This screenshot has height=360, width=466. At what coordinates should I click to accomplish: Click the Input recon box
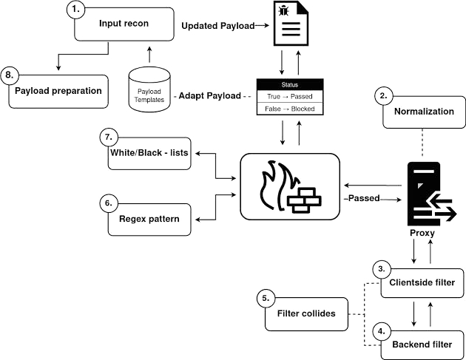tap(124, 24)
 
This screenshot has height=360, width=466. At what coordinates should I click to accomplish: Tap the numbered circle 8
tap(9, 75)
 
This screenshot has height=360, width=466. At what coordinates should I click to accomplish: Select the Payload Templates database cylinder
tap(149, 89)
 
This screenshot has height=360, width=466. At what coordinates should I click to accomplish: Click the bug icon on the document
tap(284, 11)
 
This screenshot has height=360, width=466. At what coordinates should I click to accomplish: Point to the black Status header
tap(290, 85)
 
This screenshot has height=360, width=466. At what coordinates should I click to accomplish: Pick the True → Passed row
tap(290, 97)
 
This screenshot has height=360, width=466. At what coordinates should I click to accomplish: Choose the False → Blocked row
tap(290, 109)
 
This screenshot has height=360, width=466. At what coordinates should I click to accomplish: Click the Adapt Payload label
tap(210, 95)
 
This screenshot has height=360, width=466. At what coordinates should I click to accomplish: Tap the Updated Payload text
tap(218, 26)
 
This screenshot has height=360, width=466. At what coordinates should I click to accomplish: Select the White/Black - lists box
tap(149, 153)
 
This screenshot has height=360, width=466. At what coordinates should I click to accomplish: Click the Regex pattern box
tap(149, 220)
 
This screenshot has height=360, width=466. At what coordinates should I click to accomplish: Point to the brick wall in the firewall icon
tap(304, 200)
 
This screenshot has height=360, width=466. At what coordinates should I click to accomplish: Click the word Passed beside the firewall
tap(364, 198)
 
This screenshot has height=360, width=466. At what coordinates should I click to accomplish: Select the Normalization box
tap(424, 112)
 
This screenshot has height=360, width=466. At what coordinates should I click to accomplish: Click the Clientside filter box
tap(422, 283)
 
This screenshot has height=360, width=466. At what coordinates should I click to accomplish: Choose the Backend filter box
tap(422, 345)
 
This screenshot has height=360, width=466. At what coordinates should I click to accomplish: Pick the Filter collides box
tap(306, 314)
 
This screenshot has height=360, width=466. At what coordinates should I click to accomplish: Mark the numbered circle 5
tap(266, 298)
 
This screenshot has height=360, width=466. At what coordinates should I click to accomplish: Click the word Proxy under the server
tap(422, 233)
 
